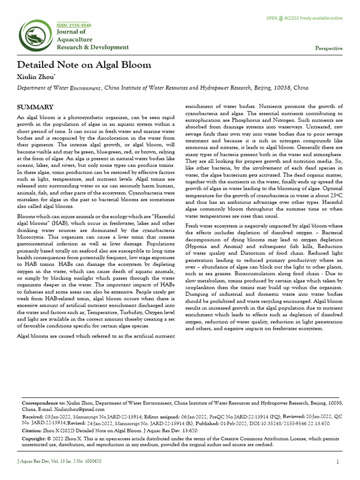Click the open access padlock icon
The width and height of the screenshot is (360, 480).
[281, 18]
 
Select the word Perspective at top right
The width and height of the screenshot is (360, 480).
[329, 48]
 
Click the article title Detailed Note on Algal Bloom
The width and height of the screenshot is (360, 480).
[84, 65]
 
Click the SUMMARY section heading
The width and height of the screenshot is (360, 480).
[35, 107]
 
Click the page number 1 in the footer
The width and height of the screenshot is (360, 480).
[337, 462]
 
